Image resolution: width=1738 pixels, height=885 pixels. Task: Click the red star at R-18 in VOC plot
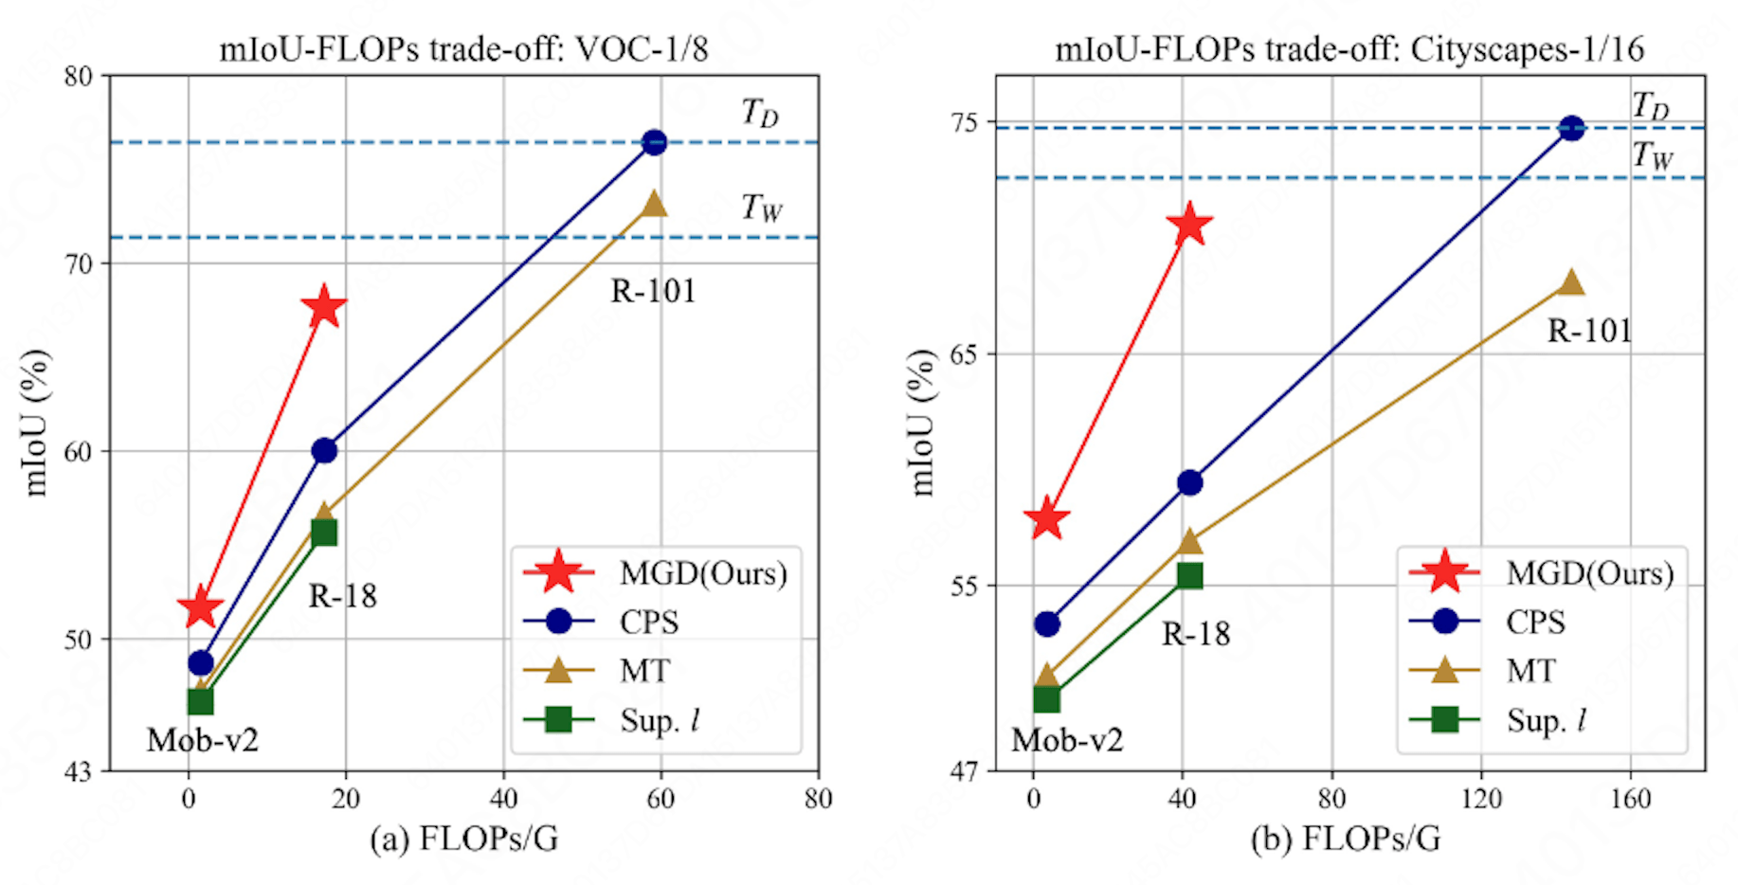pos(324,307)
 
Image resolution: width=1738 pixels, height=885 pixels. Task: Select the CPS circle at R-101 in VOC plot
pos(654,143)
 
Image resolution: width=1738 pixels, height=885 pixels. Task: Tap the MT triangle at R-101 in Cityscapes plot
pos(1571,282)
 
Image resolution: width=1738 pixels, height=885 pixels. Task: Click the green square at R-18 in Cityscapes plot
pos(1189,575)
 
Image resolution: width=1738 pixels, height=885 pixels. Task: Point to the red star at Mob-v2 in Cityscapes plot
pos(1047,518)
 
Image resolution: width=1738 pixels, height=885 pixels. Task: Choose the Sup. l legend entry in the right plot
pos(1546,720)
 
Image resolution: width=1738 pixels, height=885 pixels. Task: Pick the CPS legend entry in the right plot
pos(1534,622)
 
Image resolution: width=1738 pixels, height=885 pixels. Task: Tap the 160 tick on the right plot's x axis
pos(1630,799)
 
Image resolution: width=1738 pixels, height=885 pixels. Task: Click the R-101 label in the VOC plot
pos(653,291)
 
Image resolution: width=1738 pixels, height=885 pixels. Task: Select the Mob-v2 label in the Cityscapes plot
pos(1067,740)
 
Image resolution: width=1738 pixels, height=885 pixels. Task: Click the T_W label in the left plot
pos(762,207)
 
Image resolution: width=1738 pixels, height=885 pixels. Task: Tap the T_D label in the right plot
pos(1650,105)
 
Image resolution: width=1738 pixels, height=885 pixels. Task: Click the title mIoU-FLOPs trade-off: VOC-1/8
pos(463,48)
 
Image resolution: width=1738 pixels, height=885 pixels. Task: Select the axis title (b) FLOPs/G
pos(1346,839)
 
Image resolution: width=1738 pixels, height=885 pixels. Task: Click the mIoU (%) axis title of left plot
pos(36,423)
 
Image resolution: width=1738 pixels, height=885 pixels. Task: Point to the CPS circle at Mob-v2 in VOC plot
pos(201,663)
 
